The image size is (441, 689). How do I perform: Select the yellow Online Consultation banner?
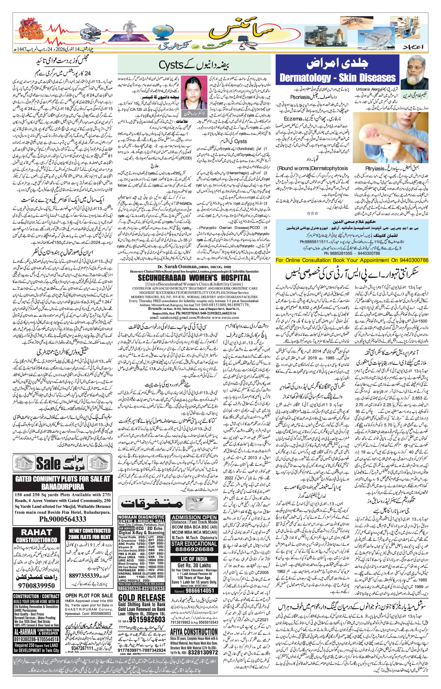[352, 260]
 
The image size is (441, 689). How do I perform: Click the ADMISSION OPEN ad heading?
[194, 517]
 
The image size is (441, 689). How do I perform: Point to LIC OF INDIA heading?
[194, 559]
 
